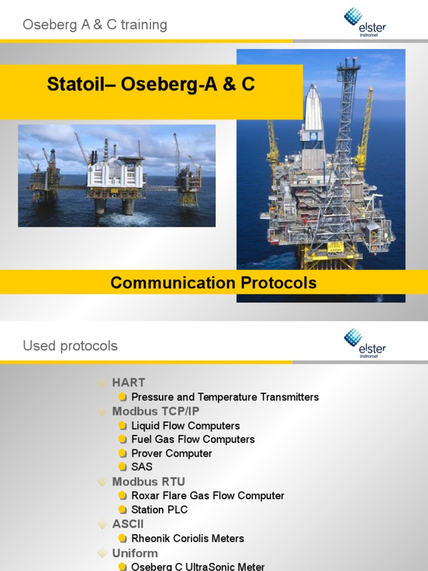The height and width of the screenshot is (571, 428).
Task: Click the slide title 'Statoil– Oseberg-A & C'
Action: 151,84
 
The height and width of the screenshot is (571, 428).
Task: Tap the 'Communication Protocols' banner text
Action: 213,283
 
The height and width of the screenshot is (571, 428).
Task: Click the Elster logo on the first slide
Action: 364,22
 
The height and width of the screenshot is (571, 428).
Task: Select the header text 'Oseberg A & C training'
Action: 95,25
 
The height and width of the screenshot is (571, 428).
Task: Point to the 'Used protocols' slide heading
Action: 70,346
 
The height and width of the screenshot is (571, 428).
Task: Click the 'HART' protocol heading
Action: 128,383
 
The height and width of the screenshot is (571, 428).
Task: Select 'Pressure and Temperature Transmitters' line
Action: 225,397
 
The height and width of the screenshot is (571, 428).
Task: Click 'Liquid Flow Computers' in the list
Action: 185,425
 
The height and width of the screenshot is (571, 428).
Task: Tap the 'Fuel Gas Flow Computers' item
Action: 193,439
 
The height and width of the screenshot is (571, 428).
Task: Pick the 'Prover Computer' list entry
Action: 172,453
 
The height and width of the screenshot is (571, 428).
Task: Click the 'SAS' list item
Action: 142,467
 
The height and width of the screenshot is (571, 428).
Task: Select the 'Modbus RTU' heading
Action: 148,481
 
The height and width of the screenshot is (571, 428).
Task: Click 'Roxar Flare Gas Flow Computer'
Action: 207,496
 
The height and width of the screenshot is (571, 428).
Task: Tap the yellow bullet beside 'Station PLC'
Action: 123,510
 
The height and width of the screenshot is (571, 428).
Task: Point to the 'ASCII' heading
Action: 128,524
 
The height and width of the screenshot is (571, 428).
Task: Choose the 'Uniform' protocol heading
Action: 135,553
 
